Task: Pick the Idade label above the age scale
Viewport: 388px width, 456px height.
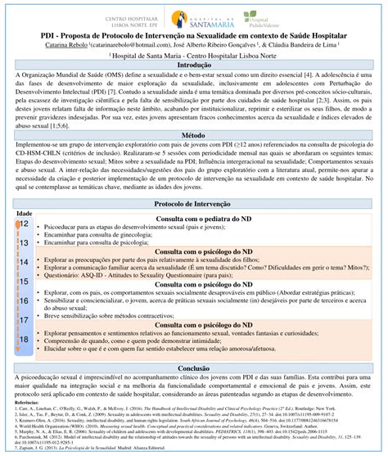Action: pyautogui.click(x=24, y=213)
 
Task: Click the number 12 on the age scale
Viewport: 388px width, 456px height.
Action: pyautogui.click(x=24, y=223)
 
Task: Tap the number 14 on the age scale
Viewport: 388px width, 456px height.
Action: pyautogui.click(x=24, y=262)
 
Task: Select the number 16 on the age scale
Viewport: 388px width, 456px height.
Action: pyautogui.click(x=24, y=300)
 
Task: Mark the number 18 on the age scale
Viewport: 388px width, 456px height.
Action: pyautogui.click(x=24, y=338)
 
